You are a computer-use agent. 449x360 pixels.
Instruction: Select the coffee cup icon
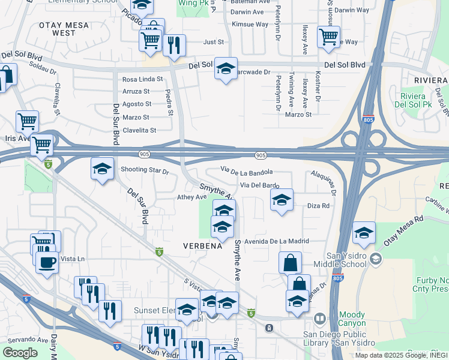pos(47,262)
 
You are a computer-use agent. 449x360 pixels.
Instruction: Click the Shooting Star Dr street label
pos(145,170)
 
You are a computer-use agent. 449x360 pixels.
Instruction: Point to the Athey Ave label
pos(191,197)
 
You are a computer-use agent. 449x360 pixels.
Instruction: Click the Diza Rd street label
pos(318,206)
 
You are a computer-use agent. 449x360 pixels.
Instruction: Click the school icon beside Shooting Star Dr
pos(103,169)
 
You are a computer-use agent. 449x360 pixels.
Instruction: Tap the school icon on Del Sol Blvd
pos(226,70)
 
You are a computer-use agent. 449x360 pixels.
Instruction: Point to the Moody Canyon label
pos(355,319)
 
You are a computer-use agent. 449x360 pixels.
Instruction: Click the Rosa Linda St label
pos(142,79)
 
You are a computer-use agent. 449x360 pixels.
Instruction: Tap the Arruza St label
pos(136,91)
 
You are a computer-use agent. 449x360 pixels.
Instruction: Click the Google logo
pos(20,353)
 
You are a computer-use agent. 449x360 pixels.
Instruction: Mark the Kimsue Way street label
pos(250,25)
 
